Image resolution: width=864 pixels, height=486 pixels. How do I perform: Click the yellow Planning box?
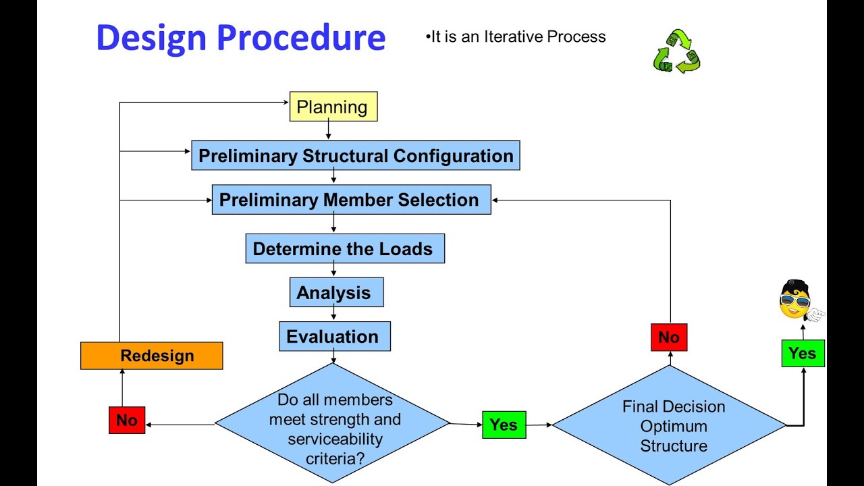(x=333, y=107)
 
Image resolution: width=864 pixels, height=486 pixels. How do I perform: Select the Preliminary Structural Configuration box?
(x=355, y=156)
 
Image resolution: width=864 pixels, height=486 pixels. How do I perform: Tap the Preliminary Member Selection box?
(x=351, y=200)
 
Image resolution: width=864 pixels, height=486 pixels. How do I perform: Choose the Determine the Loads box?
(x=344, y=248)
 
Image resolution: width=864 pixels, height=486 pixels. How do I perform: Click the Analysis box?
(x=336, y=292)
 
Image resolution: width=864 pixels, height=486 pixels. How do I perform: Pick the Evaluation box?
(x=334, y=336)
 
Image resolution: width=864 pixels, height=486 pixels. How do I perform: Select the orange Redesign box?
(x=151, y=356)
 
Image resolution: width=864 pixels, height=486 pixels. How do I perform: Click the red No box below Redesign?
(x=127, y=420)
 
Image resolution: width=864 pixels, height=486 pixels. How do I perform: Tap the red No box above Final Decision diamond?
(x=668, y=337)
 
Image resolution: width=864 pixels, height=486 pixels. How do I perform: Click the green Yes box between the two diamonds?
(x=504, y=425)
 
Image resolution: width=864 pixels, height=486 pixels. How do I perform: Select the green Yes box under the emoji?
(x=803, y=354)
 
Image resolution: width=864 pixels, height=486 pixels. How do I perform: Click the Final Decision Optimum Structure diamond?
(x=672, y=425)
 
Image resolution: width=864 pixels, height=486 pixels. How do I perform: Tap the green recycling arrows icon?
(x=676, y=51)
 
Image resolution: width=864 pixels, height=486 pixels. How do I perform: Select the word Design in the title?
(x=150, y=38)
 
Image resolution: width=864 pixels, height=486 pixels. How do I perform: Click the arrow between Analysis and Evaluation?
(x=333, y=314)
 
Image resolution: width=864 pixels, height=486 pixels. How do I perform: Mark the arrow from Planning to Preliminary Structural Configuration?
(x=328, y=130)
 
